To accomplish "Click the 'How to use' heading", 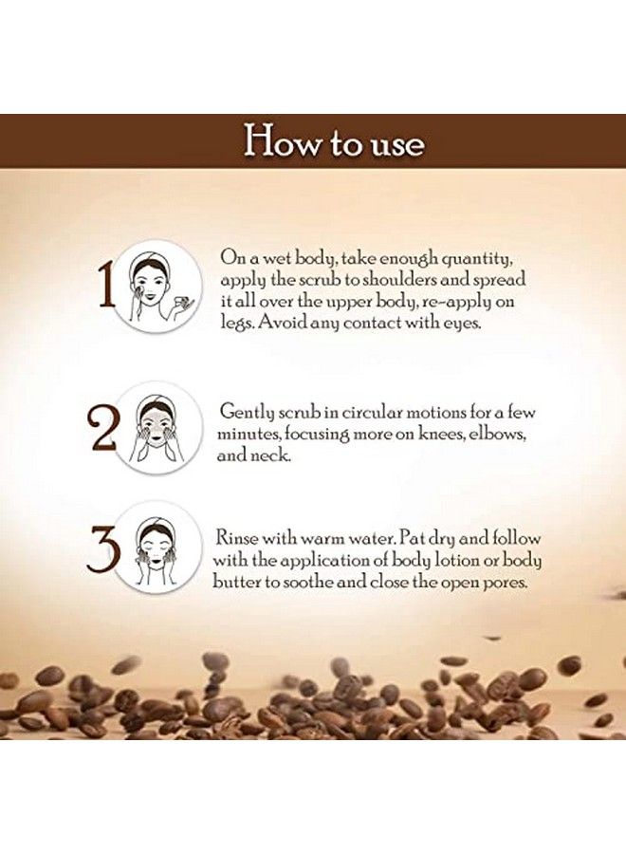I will pyautogui.click(x=333, y=142).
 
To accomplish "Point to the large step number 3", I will pyautogui.click(x=103, y=548).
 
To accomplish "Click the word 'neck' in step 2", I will pyautogui.click(x=272, y=455).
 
